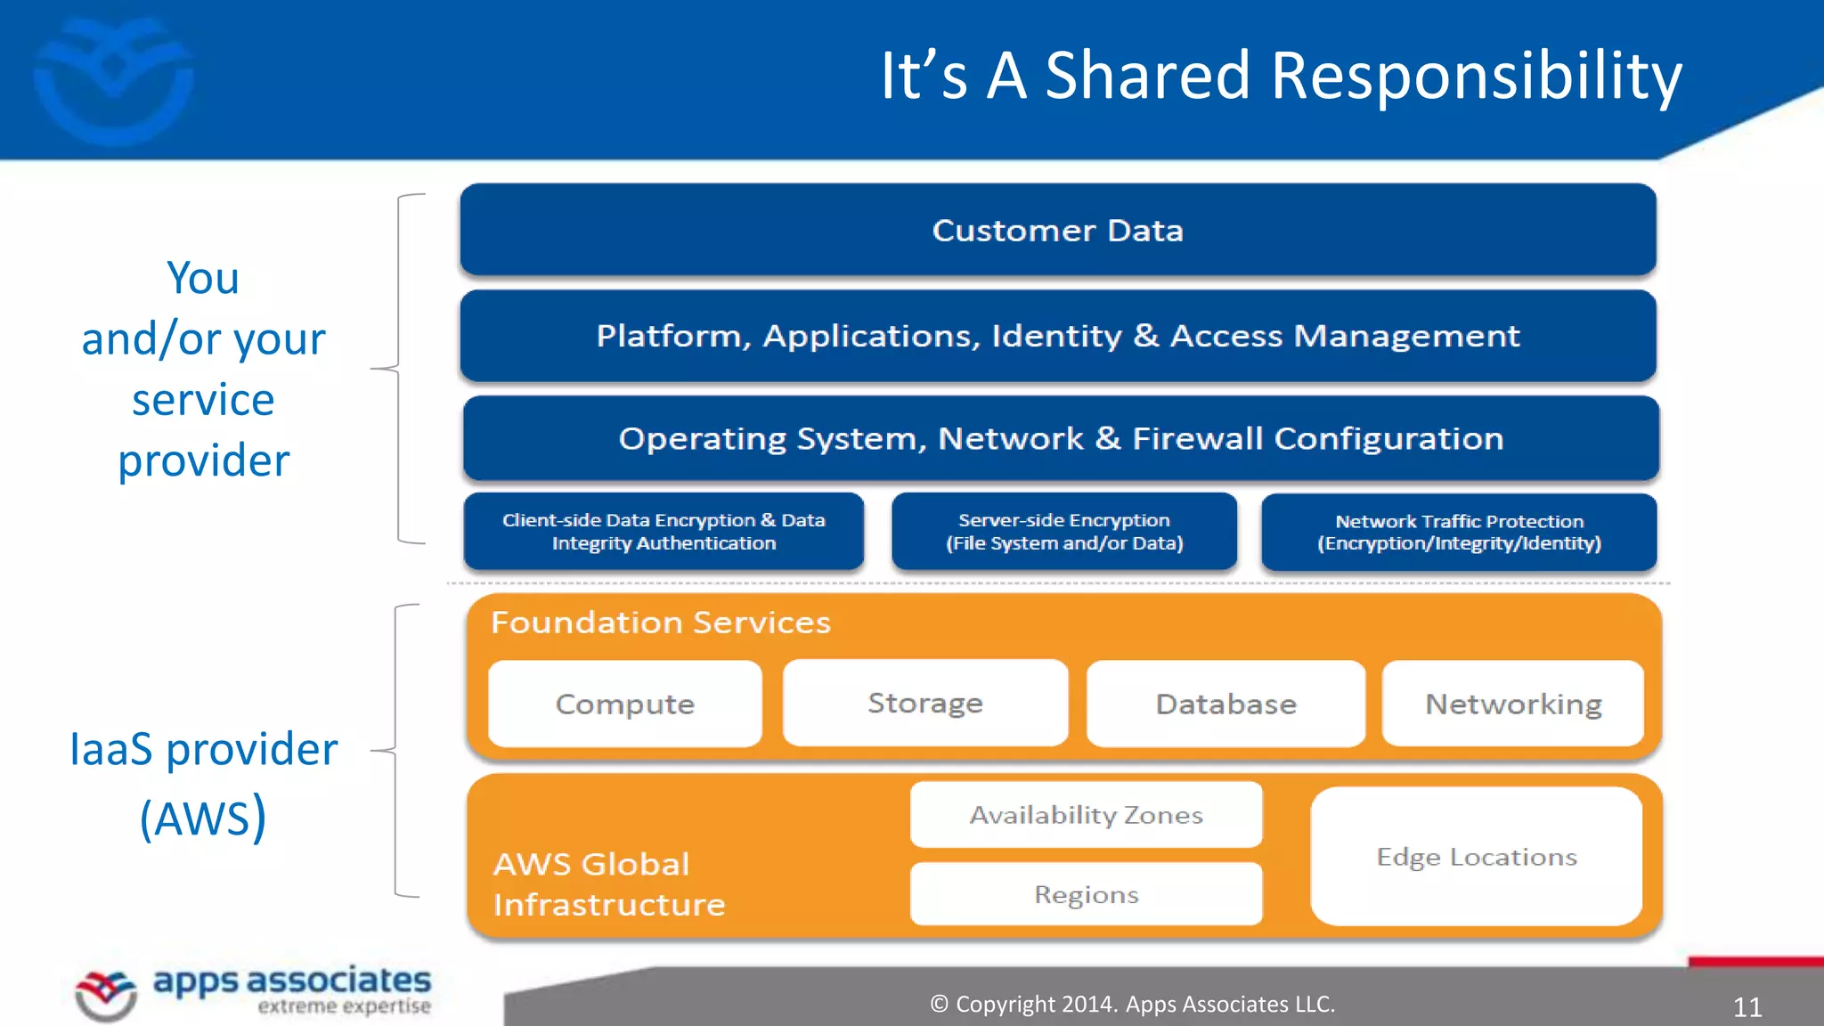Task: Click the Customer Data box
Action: click(x=1058, y=231)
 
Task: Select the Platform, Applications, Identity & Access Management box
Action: click(x=1058, y=336)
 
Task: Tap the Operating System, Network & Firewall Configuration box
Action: click(x=1061, y=438)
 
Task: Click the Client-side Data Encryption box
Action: click(x=664, y=532)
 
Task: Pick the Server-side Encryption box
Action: click(x=1064, y=532)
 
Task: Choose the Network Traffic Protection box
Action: click(x=1459, y=533)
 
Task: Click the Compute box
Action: click(x=624, y=704)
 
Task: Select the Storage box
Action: click(x=925, y=703)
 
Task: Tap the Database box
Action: click(x=1225, y=704)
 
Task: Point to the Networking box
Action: click(x=1512, y=704)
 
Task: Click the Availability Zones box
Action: click(x=1086, y=815)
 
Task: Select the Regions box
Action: click(x=1086, y=894)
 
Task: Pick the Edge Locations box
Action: click(x=1476, y=857)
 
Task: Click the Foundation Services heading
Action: click(x=660, y=622)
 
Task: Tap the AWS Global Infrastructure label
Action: click(x=609, y=883)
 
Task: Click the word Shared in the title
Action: click(x=1148, y=76)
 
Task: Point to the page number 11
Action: click(x=1747, y=1007)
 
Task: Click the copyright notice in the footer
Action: click(x=1132, y=1004)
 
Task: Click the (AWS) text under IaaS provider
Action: click(x=203, y=818)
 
